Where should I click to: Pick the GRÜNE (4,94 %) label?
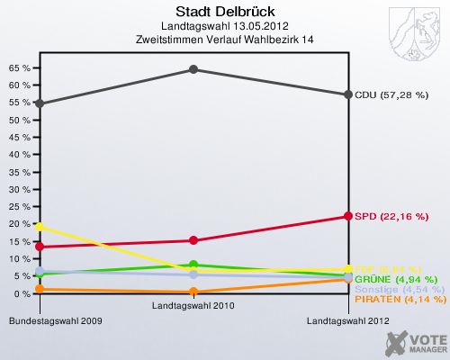point(396,279)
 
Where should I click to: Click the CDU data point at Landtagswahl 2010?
point(193,69)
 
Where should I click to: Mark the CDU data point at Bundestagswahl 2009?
point(40,103)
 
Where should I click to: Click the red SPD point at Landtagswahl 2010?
point(193,240)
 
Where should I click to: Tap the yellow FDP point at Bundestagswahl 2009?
point(40,226)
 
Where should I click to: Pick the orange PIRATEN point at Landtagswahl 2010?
point(193,292)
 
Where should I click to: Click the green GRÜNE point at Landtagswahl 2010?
point(193,265)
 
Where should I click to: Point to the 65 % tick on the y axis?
point(19,68)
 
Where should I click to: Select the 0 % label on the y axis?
point(22,293)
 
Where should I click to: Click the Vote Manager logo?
point(413,343)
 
